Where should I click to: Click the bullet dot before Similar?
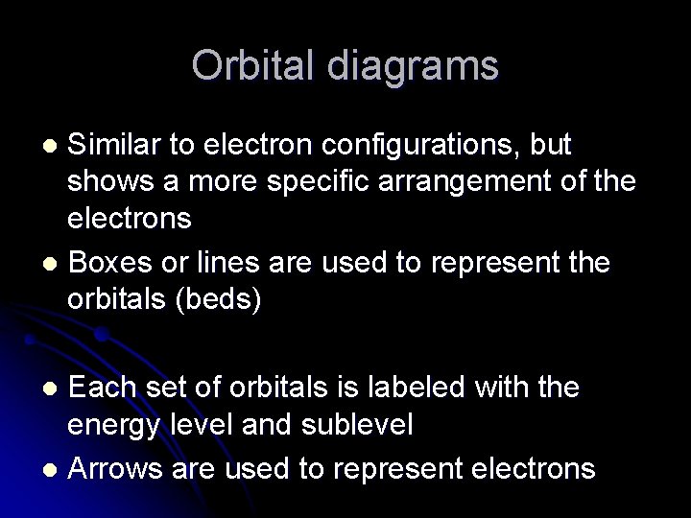pos(54,147)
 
